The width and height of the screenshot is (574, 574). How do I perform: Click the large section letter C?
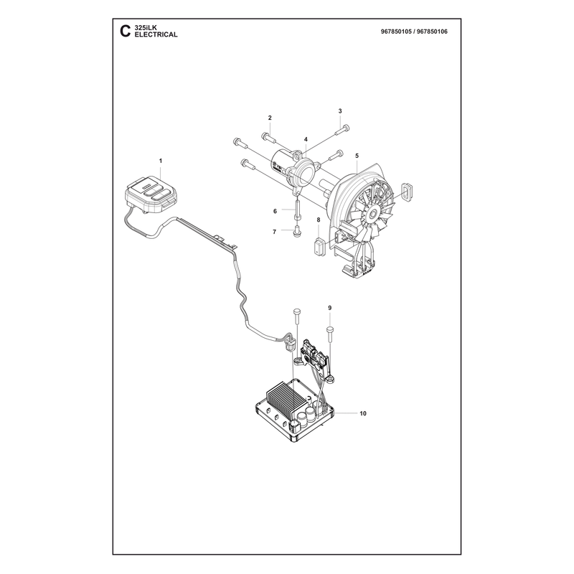coord(125,31)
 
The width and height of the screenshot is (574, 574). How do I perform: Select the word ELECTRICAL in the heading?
coord(156,34)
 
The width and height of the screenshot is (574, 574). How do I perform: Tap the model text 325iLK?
coord(146,28)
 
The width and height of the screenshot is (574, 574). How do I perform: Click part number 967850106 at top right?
coord(433,32)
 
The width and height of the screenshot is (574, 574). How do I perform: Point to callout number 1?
coord(160,161)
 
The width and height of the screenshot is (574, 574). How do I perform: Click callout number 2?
coord(270,118)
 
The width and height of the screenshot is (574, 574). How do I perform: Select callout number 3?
coord(340,111)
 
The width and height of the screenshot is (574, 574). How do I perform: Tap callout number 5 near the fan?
coord(357,156)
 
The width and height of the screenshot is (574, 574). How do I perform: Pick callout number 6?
coord(275,211)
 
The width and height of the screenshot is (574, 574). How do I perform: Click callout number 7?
coord(274,232)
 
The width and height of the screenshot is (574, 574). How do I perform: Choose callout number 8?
coord(318,220)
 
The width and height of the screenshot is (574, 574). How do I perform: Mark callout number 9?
coord(329,308)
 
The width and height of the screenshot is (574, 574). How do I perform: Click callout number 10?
coord(363,413)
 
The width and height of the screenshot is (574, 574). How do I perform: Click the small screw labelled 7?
coord(297,232)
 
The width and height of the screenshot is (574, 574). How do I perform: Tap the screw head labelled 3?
coord(346,128)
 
